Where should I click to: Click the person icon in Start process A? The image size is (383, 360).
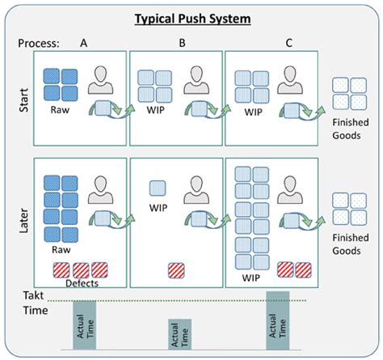tap(103, 79)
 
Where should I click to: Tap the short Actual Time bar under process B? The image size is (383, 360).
tap(179, 334)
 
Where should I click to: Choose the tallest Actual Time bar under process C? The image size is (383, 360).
tap(277, 320)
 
